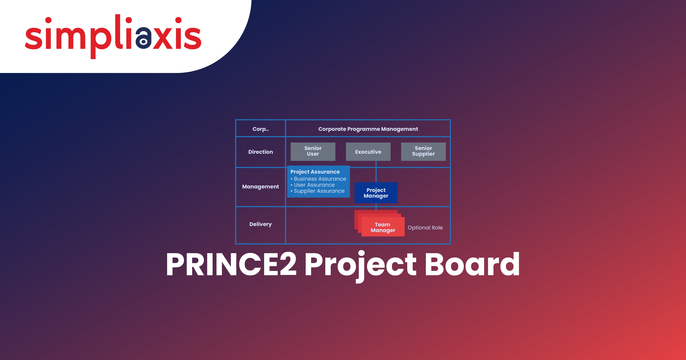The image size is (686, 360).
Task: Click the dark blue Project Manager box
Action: click(x=376, y=193)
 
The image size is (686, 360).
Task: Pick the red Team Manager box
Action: click(x=383, y=227)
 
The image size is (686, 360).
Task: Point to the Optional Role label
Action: click(x=425, y=228)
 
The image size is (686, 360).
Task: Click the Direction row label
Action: click(x=260, y=152)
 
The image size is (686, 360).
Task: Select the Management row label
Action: click(x=260, y=187)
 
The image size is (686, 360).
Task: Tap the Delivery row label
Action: click(x=260, y=224)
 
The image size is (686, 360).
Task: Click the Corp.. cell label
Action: click(x=260, y=129)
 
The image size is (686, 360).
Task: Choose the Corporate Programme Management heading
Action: click(x=368, y=129)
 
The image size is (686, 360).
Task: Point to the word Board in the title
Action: click(x=472, y=264)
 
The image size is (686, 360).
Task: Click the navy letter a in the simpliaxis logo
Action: click(x=143, y=38)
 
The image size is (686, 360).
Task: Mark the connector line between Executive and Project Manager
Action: click(x=376, y=172)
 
